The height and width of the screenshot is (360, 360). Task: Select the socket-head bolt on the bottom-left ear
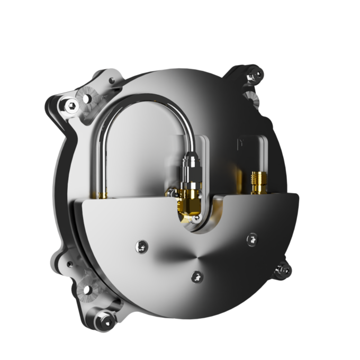(106, 319)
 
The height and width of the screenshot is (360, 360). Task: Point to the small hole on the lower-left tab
(70, 262)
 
